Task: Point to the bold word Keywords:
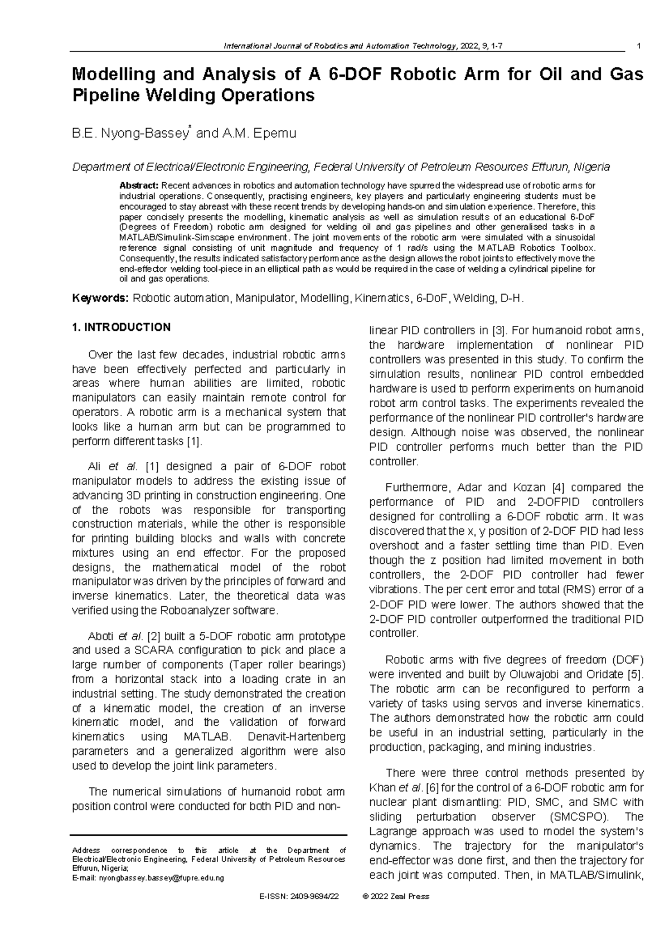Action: (x=100, y=299)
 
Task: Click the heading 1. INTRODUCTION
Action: (x=121, y=328)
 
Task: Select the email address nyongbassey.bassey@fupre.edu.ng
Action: (x=161, y=878)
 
